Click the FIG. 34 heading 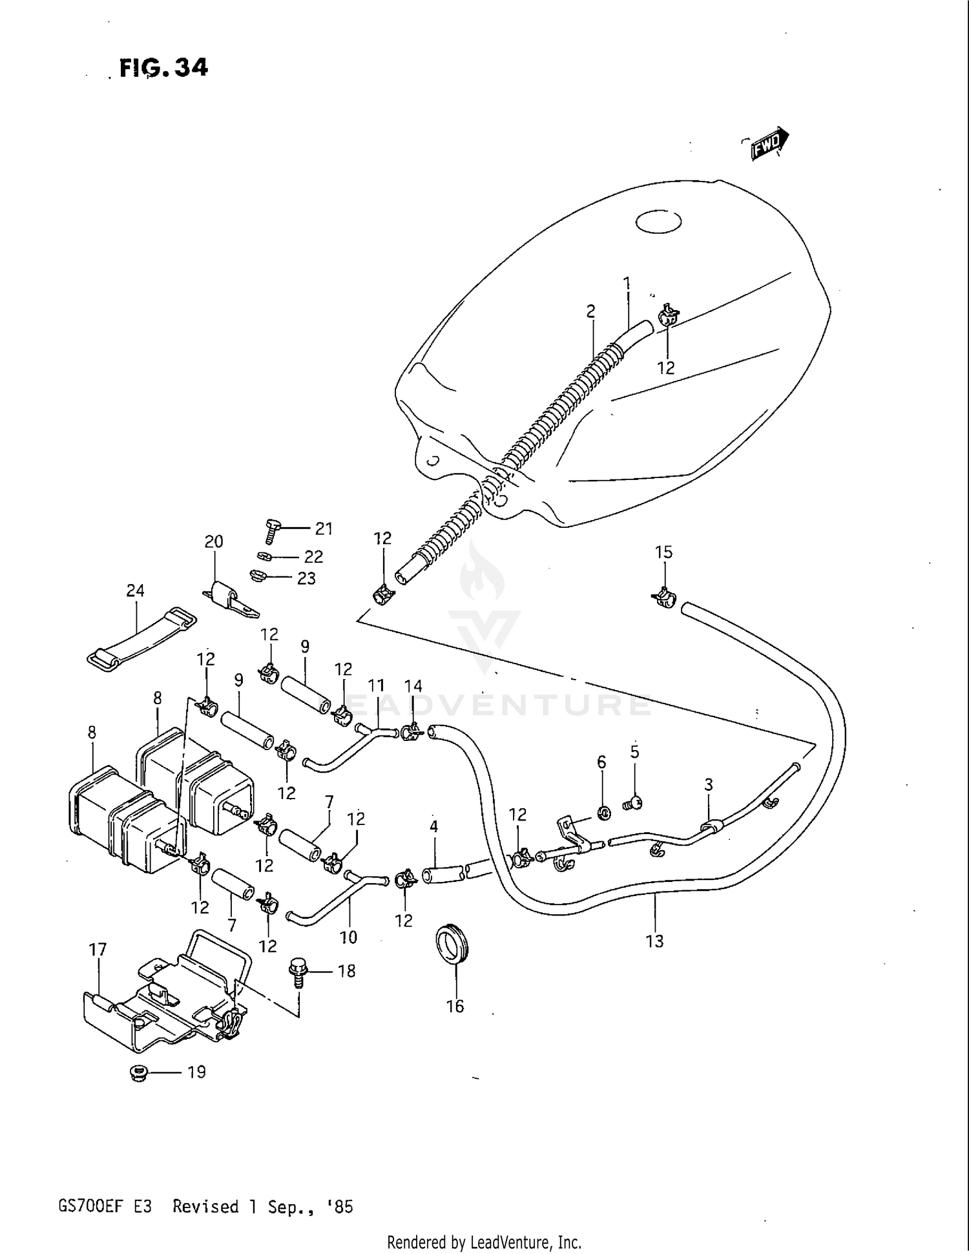[x=163, y=67]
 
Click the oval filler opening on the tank [x=658, y=222]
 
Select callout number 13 [x=654, y=941]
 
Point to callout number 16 [x=455, y=1006]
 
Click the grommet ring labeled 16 [x=450, y=945]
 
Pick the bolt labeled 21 [x=271, y=530]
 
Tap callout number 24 [x=135, y=590]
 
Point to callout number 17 [x=98, y=950]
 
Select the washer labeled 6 [x=604, y=812]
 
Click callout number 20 [x=214, y=541]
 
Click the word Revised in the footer [x=205, y=1207]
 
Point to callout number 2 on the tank [x=590, y=311]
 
